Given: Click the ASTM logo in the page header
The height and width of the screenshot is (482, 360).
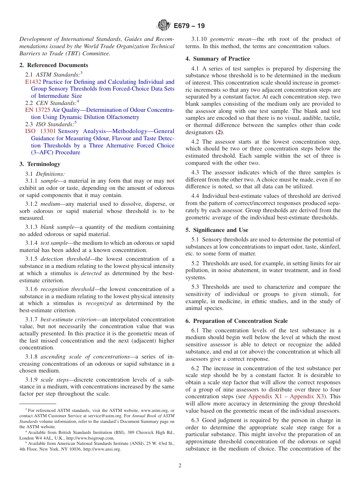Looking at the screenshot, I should tap(164, 25).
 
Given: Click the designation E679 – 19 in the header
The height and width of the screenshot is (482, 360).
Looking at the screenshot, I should tap(189, 26).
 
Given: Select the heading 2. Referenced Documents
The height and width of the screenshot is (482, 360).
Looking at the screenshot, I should tap(54, 65).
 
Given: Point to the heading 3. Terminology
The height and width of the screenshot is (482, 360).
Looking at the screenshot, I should tap(40, 164).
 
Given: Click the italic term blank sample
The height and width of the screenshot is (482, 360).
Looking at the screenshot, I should tap(57, 227).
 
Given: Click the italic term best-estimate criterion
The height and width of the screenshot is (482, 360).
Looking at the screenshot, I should tap(68, 319).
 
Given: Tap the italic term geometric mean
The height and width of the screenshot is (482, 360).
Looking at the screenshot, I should tap(227, 39).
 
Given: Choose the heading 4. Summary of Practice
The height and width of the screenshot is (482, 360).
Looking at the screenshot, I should tap(218, 59).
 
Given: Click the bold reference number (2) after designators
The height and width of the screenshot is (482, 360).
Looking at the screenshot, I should tap(219, 133).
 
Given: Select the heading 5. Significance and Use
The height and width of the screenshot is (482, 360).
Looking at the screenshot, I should tap(217, 230).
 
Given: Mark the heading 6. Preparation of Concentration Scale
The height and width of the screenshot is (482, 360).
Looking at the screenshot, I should tap(236, 321).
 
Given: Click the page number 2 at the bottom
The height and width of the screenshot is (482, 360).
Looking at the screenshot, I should tap(180, 466).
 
